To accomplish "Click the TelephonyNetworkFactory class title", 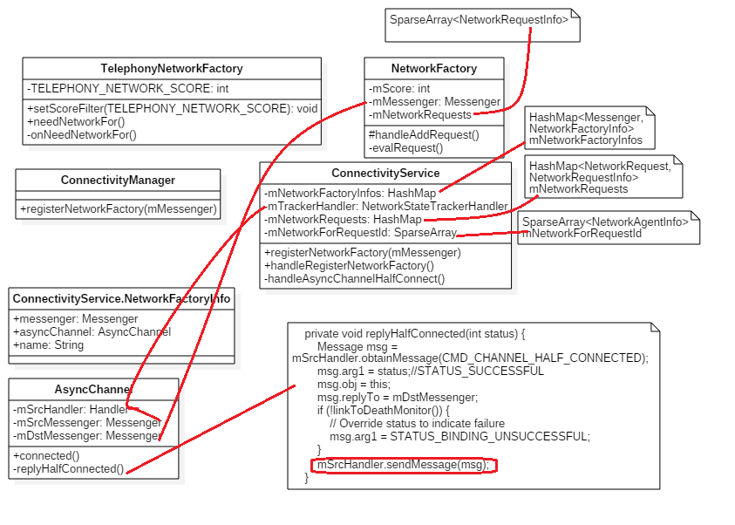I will click(172, 68).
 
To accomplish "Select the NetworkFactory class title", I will click(434, 68).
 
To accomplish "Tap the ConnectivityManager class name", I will click(118, 180).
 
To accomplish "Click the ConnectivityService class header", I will click(385, 173).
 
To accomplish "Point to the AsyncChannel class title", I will click(92, 389).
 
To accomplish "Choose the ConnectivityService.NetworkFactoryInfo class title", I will click(121, 298).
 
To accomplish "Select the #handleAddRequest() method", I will click(424, 134).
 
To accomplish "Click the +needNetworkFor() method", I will click(76, 121).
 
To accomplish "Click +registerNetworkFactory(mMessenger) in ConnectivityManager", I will click(118, 209).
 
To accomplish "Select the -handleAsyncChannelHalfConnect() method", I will click(354, 279).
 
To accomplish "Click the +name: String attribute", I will click(49, 345).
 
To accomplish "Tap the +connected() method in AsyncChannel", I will click(46, 455).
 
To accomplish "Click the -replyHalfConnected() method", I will click(69, 468).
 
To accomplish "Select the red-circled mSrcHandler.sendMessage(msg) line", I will click(403, 465).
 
